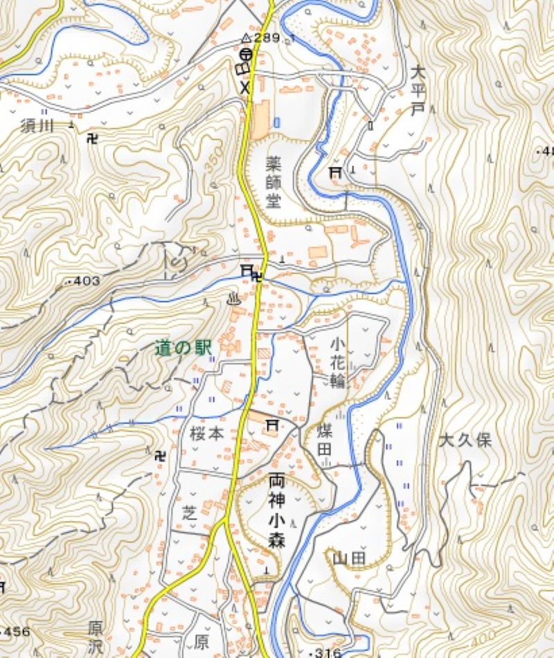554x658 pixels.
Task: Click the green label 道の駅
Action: [183, 348]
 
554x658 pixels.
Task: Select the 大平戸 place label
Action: [416, 91]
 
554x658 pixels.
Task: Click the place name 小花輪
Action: [337, 362]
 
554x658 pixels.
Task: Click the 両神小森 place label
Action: [275, 510]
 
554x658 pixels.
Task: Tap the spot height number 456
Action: [17, 632]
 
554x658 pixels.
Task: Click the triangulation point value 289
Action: [267, 37]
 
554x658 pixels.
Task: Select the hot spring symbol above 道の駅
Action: [233, 299]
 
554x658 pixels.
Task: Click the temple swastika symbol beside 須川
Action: [93, 138]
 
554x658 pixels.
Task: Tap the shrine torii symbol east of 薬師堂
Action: [336, 171]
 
